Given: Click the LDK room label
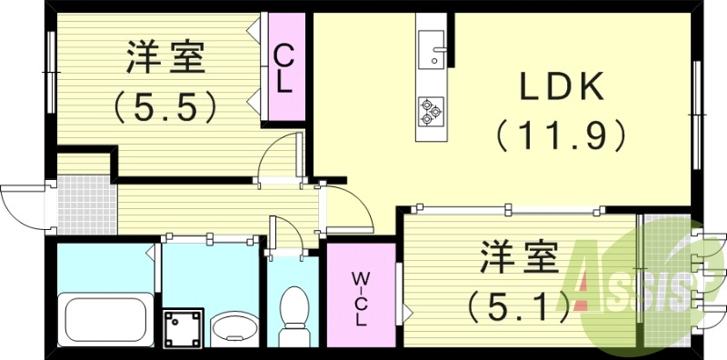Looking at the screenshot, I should [x=561, y=87].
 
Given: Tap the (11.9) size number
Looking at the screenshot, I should [x=561, y=136].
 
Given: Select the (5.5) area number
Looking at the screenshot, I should [x=165, y=108].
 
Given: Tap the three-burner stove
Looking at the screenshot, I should [x=429, y=112].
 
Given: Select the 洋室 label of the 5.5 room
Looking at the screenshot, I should [x=165, y=61].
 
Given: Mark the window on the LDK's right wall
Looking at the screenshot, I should [x=698, y=113].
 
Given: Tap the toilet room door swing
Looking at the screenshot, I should [x=289, y=235].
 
